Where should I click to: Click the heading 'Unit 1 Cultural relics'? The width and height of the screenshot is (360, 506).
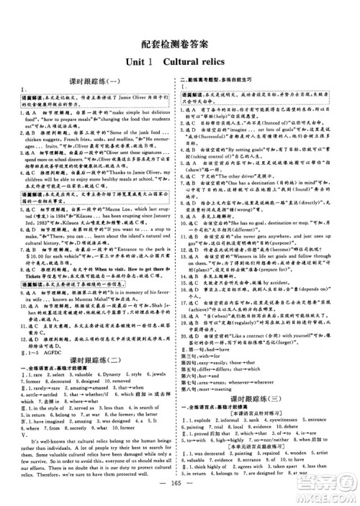pyautogui.click(x=179, y=63)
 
